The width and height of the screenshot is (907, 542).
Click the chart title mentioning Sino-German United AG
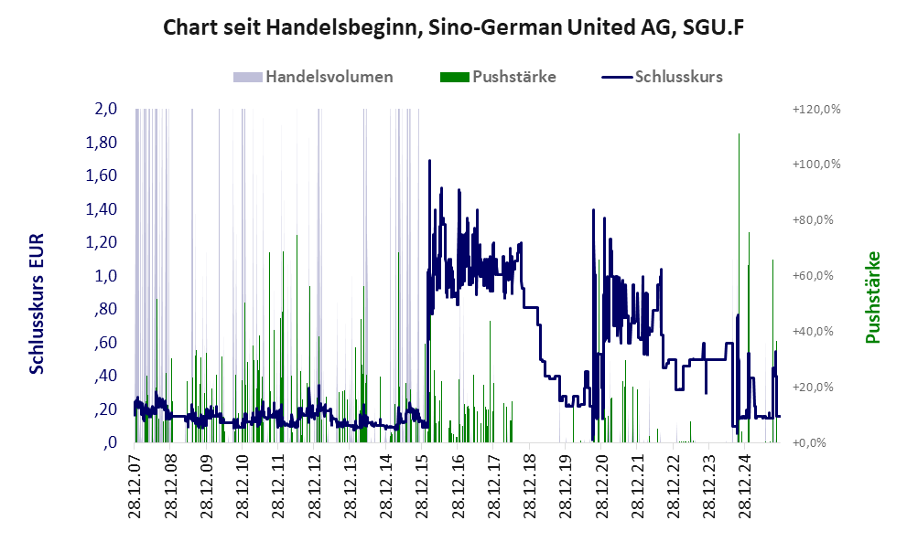(x=453, y=27)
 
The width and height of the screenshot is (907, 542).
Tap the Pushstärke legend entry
(x=514, y=77)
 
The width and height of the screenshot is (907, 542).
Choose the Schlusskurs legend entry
(x=678, y=77)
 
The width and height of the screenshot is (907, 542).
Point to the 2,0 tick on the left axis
(x=105, y=109)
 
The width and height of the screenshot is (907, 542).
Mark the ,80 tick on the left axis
(x=105, y=309)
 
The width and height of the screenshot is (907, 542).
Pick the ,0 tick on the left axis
(x=109, y=442)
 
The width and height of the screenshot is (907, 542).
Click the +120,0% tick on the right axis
(x=815, y=109)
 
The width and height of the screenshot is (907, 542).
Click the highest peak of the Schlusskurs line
(x=430, y=161)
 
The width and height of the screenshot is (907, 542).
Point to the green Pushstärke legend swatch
(x=454, y=77)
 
